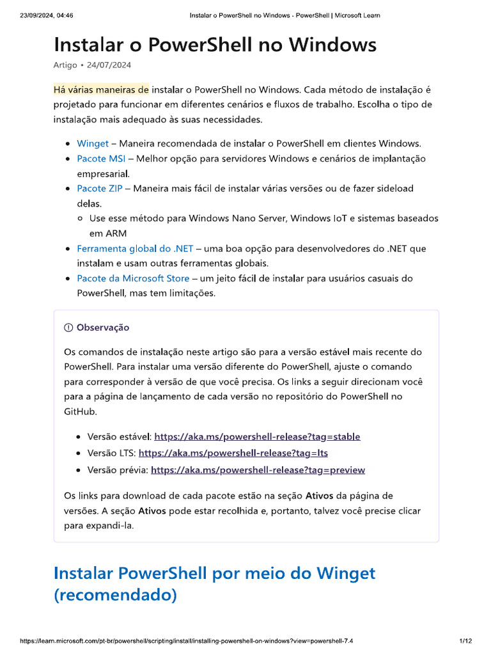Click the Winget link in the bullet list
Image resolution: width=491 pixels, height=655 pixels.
[93, 143]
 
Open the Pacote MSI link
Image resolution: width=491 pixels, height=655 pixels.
[101, 159]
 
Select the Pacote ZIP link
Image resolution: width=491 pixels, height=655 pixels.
[100, 188]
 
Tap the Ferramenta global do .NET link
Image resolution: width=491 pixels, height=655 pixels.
[135, 248]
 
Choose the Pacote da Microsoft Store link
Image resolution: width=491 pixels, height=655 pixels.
[133, 278]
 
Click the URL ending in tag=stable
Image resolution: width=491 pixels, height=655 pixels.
[257, 436]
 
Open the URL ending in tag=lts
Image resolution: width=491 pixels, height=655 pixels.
[233, 453]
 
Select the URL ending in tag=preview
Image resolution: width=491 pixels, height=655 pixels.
[258, 470]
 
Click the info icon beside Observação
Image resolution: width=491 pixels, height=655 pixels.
[68, 327]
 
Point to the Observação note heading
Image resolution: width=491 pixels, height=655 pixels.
[102, 327]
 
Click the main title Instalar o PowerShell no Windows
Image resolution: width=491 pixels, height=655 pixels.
[215, 45]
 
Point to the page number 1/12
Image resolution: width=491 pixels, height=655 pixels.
[465, 641]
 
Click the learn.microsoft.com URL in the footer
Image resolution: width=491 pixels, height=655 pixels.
[186, 641]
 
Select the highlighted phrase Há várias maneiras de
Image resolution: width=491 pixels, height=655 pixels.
[101, 90]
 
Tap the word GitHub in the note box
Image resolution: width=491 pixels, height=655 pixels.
[80, 411]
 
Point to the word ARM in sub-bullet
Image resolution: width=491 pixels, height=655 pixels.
[99, 233]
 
